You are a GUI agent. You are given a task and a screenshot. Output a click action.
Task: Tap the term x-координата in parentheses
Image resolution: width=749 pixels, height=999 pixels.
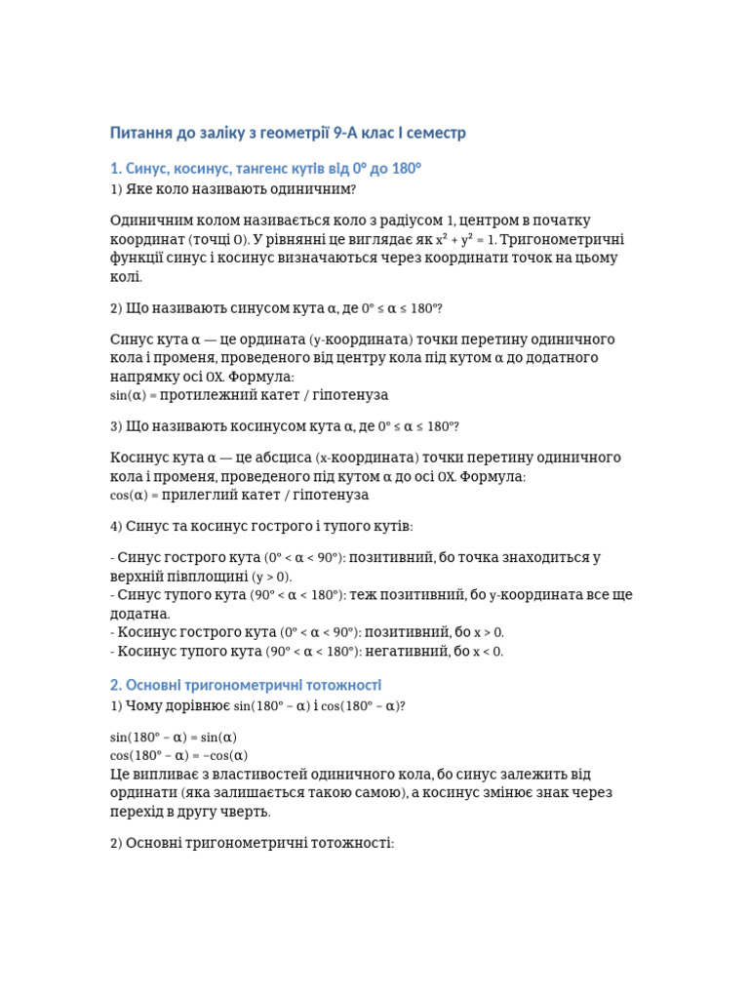[x=363, y=458]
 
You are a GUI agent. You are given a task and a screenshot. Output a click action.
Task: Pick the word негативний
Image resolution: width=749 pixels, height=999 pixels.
[x=404, y=651]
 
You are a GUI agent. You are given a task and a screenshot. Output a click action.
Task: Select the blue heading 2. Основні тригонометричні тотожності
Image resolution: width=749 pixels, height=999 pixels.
[x=246, y=685]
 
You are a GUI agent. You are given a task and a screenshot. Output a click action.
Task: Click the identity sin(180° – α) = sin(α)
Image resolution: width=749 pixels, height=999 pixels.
[x=174, y=737]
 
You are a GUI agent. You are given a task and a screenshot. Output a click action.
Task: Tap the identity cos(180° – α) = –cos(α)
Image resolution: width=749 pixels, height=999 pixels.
[x=179, y=755]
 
